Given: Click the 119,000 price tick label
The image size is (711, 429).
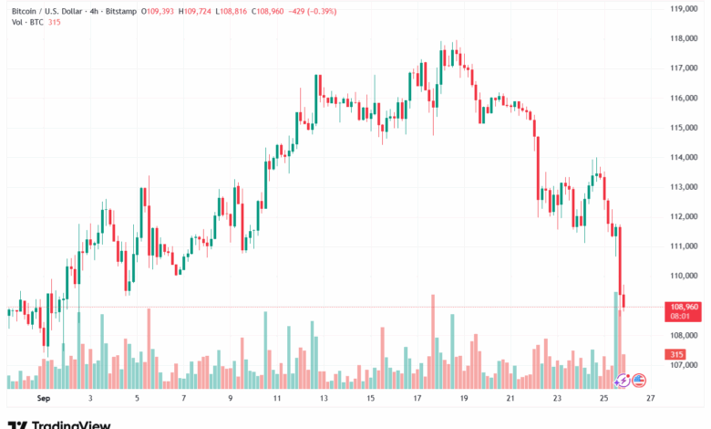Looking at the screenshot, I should pos(684,8).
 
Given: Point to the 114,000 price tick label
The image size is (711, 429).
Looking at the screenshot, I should pos(684,157).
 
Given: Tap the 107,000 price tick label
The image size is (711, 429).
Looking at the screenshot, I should pos(684,365).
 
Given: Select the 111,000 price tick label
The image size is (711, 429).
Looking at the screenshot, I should pos(684,246).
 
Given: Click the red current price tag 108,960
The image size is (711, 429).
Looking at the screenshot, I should pos(683,307).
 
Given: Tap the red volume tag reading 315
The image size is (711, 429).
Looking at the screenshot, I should pos(677,354).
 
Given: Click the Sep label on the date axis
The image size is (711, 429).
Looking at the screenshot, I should pos(42,399).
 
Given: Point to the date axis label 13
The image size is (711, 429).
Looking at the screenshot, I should pos(325,399).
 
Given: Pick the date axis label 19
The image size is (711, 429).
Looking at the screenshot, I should pos(465,399).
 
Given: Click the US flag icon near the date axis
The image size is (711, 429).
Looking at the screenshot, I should pos(639,379).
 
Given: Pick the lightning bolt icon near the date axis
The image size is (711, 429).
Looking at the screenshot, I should pos(623,379).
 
